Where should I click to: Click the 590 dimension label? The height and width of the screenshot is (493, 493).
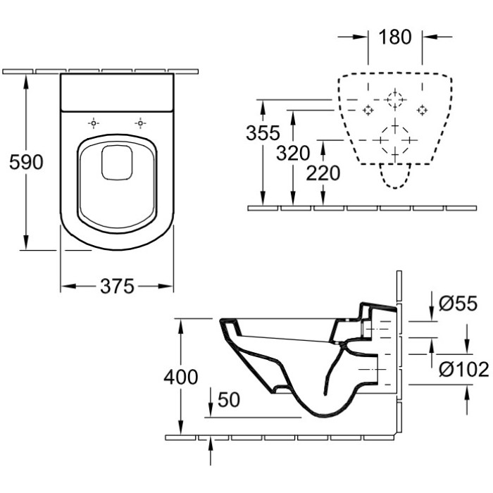[26, 162]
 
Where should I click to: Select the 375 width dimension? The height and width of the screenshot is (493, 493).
[117, 287]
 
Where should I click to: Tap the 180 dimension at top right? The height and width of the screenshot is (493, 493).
[395, 37]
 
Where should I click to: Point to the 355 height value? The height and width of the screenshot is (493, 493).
[263, 132]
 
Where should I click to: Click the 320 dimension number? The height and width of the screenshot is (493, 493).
[293, 154]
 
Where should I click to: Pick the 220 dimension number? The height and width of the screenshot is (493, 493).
[323, 173]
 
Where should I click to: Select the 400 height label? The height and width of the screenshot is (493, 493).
[181, 377]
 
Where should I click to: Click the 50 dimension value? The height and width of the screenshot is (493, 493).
[229, 400]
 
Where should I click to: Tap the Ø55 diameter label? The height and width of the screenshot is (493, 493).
[458, 304]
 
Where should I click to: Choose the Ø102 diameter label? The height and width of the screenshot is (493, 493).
[464, 369]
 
